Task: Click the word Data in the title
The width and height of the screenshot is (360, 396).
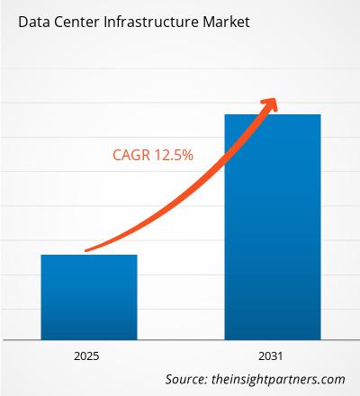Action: (x=30, y=19)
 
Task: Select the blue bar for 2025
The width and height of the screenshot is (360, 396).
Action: (x=89, y=297)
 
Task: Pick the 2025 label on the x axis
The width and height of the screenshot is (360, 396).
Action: (x=89, y=355)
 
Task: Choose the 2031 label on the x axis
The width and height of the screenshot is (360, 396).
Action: (x=272, y=355)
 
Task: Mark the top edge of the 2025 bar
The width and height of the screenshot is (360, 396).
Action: (x=89, y=256)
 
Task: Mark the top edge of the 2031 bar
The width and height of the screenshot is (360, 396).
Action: (x=272, y=115)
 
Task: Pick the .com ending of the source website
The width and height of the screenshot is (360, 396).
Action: (x=332, y=379)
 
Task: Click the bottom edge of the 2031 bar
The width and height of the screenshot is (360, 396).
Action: (x=272, y=338)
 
